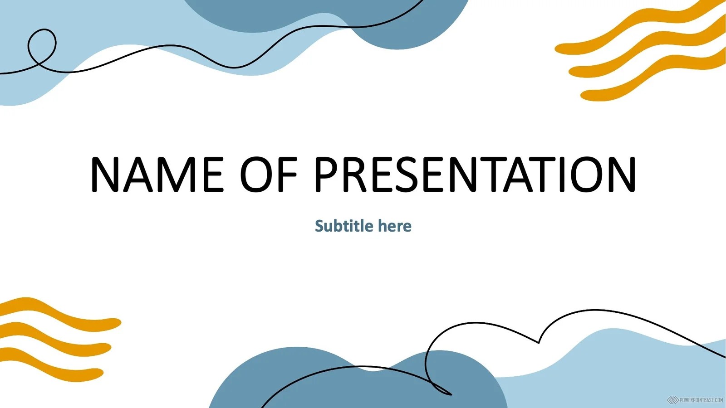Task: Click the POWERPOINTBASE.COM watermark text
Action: [x=701, y=400]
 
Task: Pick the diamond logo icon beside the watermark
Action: [x=672, y=400]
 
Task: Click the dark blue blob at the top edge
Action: [x=327, y=19]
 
